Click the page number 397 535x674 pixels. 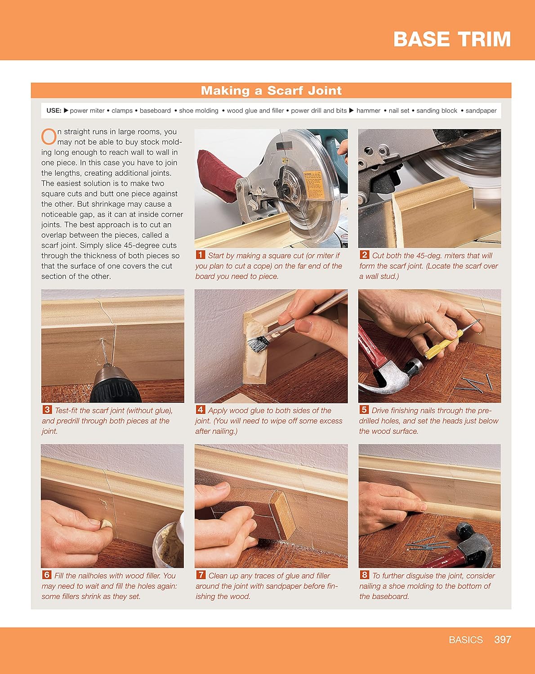[502, 639]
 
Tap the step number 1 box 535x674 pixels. [200, 254]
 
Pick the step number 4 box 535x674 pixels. [200, 409]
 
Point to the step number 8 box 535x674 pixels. [364, 574]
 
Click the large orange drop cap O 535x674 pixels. [49, 137]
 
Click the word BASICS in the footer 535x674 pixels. [466, 639]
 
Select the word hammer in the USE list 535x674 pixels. [368, 111]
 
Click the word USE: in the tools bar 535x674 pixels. [53, 111]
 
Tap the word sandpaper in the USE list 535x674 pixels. [481, 111]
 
